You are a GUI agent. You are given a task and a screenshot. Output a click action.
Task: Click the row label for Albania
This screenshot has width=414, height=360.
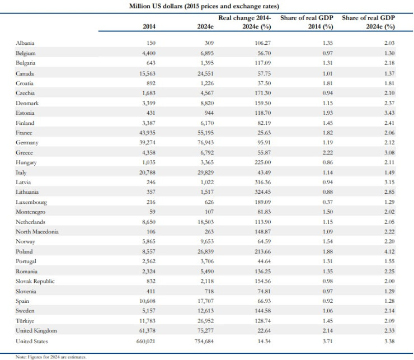tap(26, 43)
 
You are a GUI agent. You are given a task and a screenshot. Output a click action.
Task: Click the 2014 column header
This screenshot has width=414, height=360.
tap(149, 26)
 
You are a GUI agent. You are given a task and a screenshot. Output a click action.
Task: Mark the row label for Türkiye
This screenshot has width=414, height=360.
tap(26, 321)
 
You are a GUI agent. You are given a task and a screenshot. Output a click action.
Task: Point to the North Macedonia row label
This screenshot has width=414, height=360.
tap(37, 232)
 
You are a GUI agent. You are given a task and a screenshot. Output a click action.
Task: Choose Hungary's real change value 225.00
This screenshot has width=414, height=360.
tap(262, 162)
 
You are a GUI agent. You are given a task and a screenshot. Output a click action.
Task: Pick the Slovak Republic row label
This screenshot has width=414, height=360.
tap(35, 281)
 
